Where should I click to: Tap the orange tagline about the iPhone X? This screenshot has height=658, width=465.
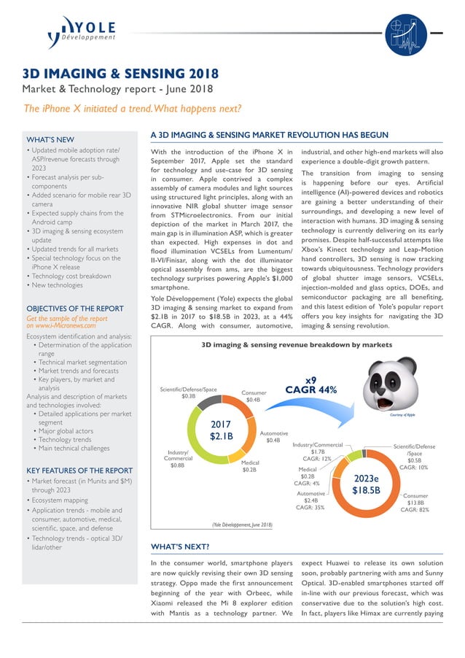tap(133, 109)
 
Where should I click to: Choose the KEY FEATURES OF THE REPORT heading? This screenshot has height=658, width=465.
tap(79, 471)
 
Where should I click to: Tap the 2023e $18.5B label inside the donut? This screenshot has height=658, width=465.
tap(366, 484)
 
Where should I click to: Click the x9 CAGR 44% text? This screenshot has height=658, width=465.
tap(310, 385)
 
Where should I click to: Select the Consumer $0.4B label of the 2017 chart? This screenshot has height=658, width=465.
tap(253, 396)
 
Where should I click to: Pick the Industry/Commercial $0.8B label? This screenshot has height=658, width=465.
tap(177, 458)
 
